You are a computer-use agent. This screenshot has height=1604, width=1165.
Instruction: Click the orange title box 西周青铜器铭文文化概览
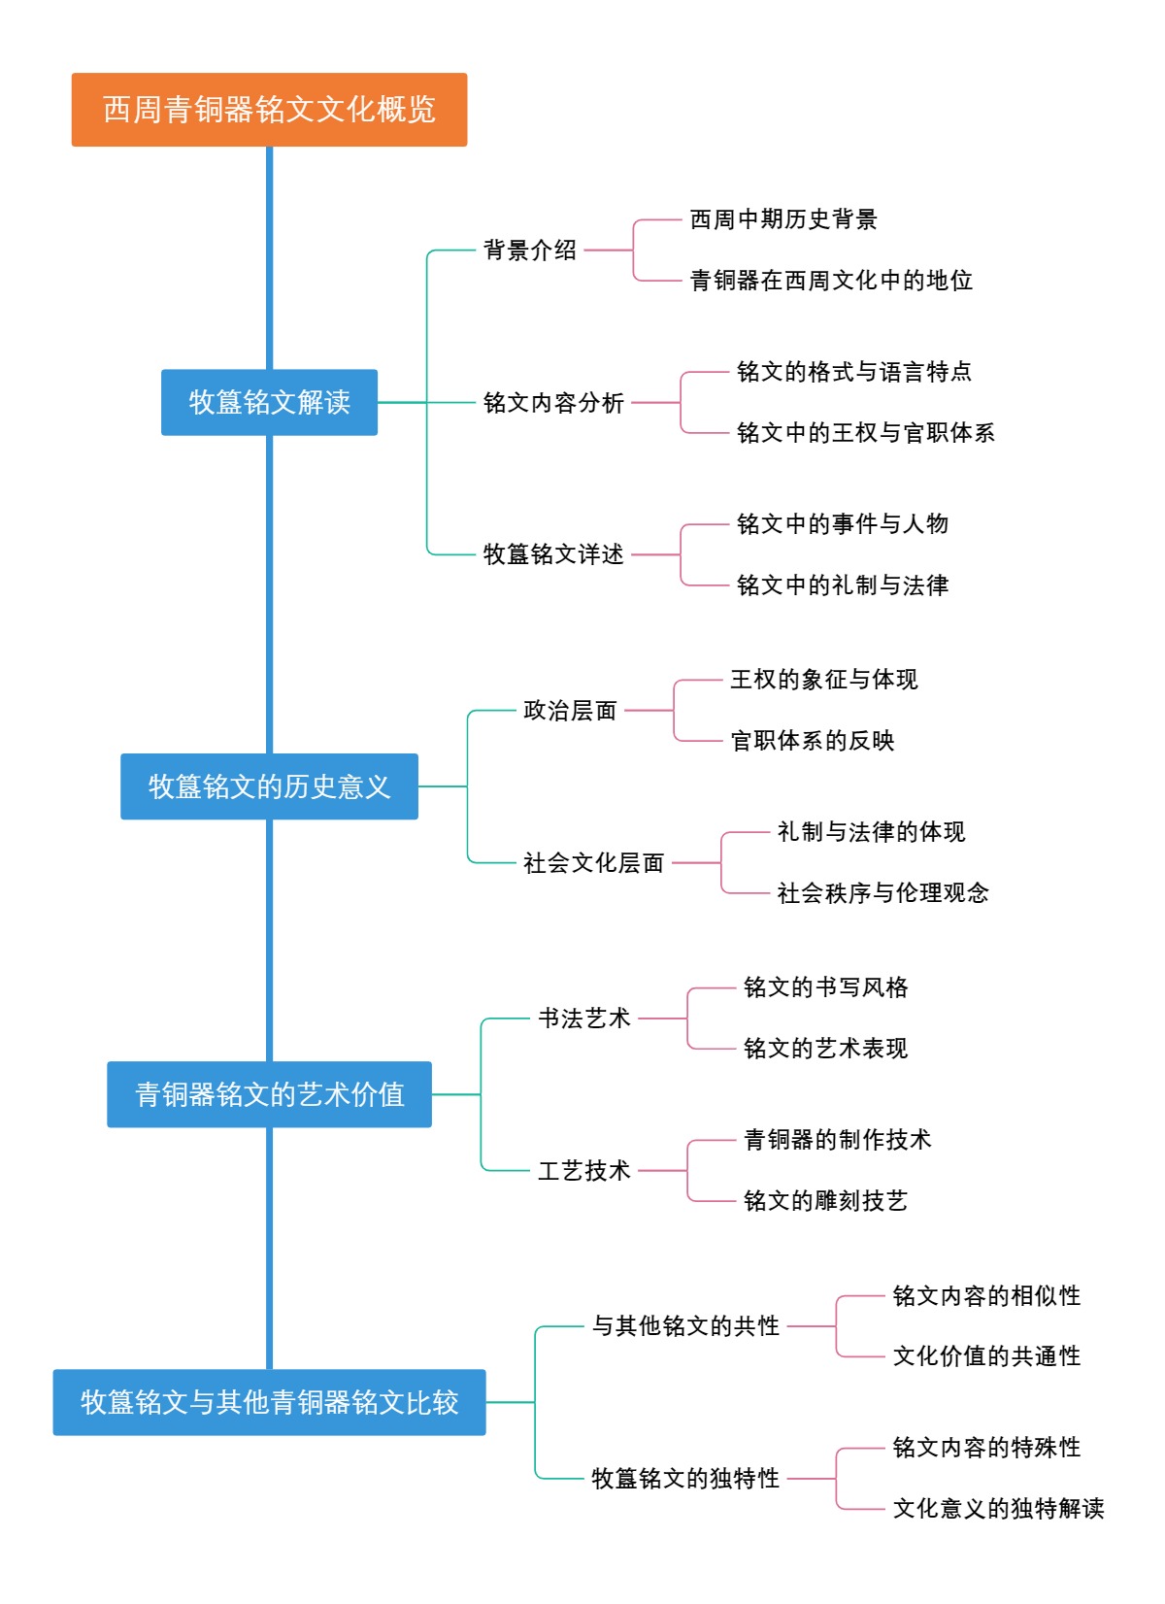(x=269, y=110)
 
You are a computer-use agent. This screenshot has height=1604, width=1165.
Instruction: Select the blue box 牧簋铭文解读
(x=269, y=402)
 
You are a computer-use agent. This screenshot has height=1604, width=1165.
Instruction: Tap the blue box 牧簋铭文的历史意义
(x=269, y=786)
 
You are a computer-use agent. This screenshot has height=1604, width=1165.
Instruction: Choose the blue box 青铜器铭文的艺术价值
(x=269, y=1094)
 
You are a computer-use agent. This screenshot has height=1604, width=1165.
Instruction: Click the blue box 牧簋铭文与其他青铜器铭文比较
(x=269, y=1402)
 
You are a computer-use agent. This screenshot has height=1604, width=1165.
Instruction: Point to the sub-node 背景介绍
(x=530, y=251)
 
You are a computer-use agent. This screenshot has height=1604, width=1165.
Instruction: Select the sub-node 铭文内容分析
(x=553, y=403)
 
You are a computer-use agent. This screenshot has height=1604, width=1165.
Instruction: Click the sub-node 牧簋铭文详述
(x=553, y=554)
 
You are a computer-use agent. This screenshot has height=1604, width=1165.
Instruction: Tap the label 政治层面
(x=570, y=711)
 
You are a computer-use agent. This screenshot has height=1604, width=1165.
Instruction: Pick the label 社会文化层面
(x=593, y=863)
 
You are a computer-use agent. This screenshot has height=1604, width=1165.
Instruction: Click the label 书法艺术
(x=584, y=1019)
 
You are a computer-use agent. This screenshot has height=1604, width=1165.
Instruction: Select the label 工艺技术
(x=584, y=1171)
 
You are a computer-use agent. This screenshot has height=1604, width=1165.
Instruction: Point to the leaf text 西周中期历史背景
(x=782, y=219)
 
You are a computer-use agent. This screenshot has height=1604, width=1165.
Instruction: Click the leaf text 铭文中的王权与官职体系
(x=865, y=433)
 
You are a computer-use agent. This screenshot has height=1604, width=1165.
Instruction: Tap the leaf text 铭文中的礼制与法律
(x=842, y=585)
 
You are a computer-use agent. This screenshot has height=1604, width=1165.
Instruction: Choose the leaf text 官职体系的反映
(x=812, y=741)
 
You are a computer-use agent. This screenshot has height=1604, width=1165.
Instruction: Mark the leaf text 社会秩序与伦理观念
(x=882, y=893)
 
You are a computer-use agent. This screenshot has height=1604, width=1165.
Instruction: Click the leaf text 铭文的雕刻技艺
(x=825, y=1201)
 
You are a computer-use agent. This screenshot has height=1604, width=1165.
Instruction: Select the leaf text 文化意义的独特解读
(x=998, y=1509)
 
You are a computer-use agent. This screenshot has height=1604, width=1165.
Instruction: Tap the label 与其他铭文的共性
(x=685, y=1326)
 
